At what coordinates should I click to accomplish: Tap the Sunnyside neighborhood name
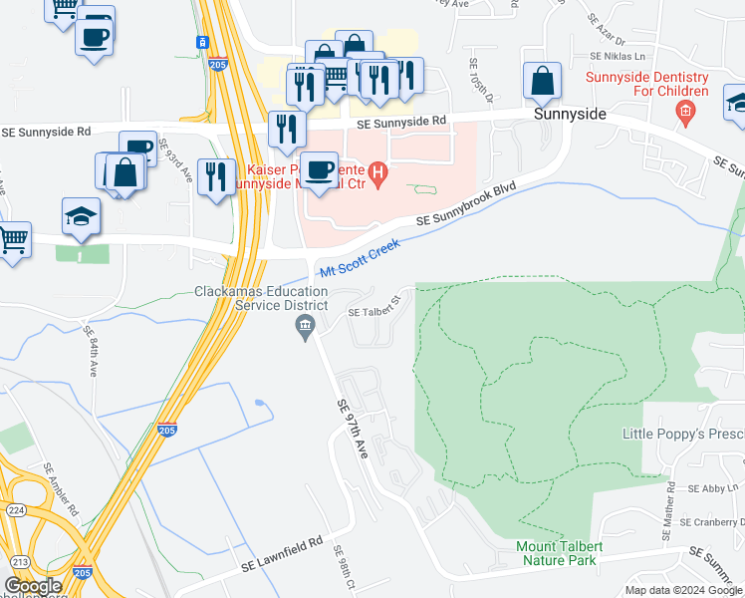pos(569,114)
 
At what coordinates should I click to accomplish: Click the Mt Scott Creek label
pos(359,258)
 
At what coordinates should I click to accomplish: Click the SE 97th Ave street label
pos(354,428)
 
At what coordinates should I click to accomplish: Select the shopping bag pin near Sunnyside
pos(543,84)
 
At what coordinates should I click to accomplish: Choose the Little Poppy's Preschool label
pos(683,434)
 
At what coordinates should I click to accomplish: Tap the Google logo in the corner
pos(32,586)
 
